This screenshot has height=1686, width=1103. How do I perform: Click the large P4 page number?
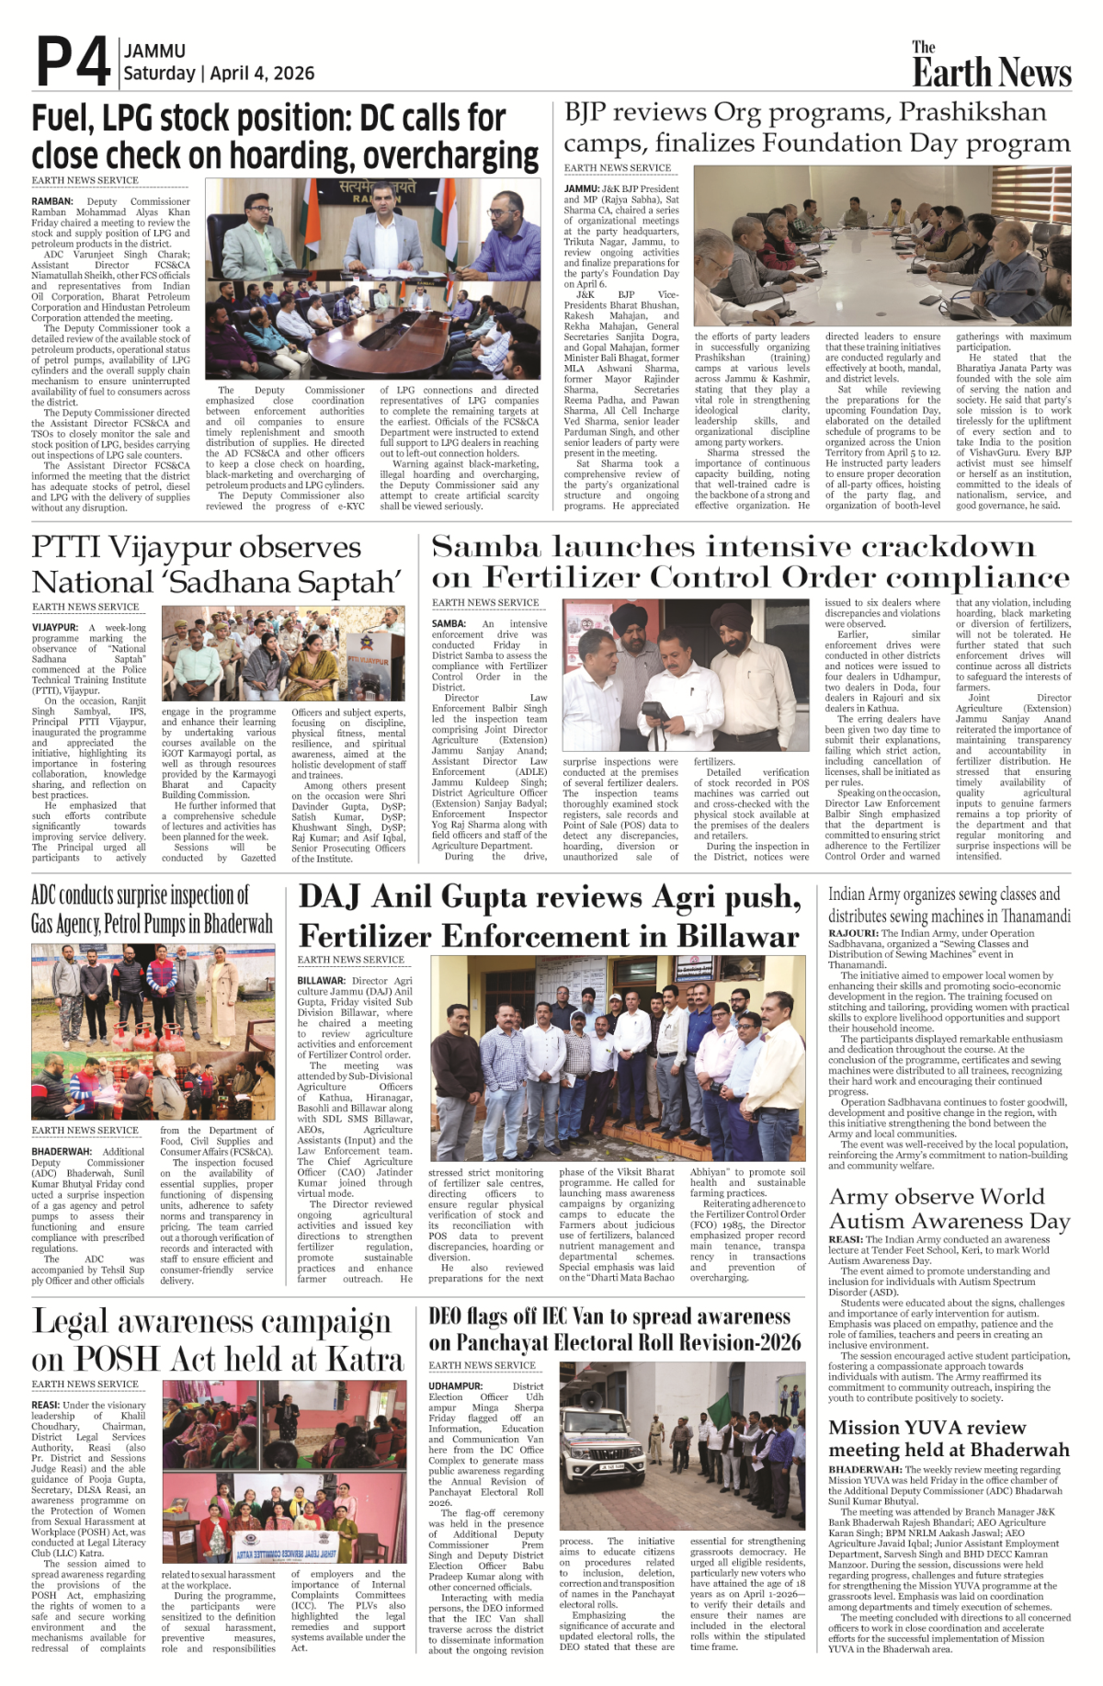[x=74, y=63]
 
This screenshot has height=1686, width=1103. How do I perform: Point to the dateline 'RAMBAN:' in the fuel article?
[x=52, y=201]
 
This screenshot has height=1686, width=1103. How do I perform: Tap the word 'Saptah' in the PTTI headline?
[x=346, y=583]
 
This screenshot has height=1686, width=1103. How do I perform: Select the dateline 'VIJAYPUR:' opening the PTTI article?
[x=55, y=628]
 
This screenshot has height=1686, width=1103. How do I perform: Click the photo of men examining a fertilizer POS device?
[x=685, y=676]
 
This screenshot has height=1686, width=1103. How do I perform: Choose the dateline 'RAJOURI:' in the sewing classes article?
[x=853, y=933]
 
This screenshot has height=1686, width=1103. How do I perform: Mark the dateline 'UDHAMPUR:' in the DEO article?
[x=456, y=1385]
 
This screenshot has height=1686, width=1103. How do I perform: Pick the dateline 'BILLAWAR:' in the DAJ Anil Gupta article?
[x=321, y=981]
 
